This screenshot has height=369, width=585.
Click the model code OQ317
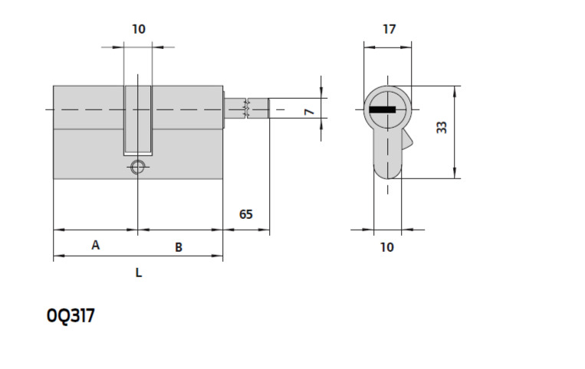71,316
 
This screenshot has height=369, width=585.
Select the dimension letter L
139,273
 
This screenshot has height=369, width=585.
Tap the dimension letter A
96,245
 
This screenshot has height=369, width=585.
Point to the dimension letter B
179,247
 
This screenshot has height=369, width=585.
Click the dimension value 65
246,214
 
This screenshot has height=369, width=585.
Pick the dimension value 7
309,111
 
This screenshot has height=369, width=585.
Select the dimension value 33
442,127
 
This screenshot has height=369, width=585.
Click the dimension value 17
389,29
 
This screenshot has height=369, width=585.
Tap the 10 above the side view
139,29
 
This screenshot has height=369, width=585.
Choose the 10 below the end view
387,247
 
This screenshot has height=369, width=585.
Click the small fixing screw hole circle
138,167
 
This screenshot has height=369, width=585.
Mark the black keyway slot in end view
383,109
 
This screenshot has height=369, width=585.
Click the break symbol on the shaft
246,109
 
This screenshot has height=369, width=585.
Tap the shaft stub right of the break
258,109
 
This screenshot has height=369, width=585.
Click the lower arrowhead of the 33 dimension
455,173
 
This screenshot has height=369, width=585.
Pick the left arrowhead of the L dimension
59,256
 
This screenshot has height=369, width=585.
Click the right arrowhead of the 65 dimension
265,230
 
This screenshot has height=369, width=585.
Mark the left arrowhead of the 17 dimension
370,47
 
